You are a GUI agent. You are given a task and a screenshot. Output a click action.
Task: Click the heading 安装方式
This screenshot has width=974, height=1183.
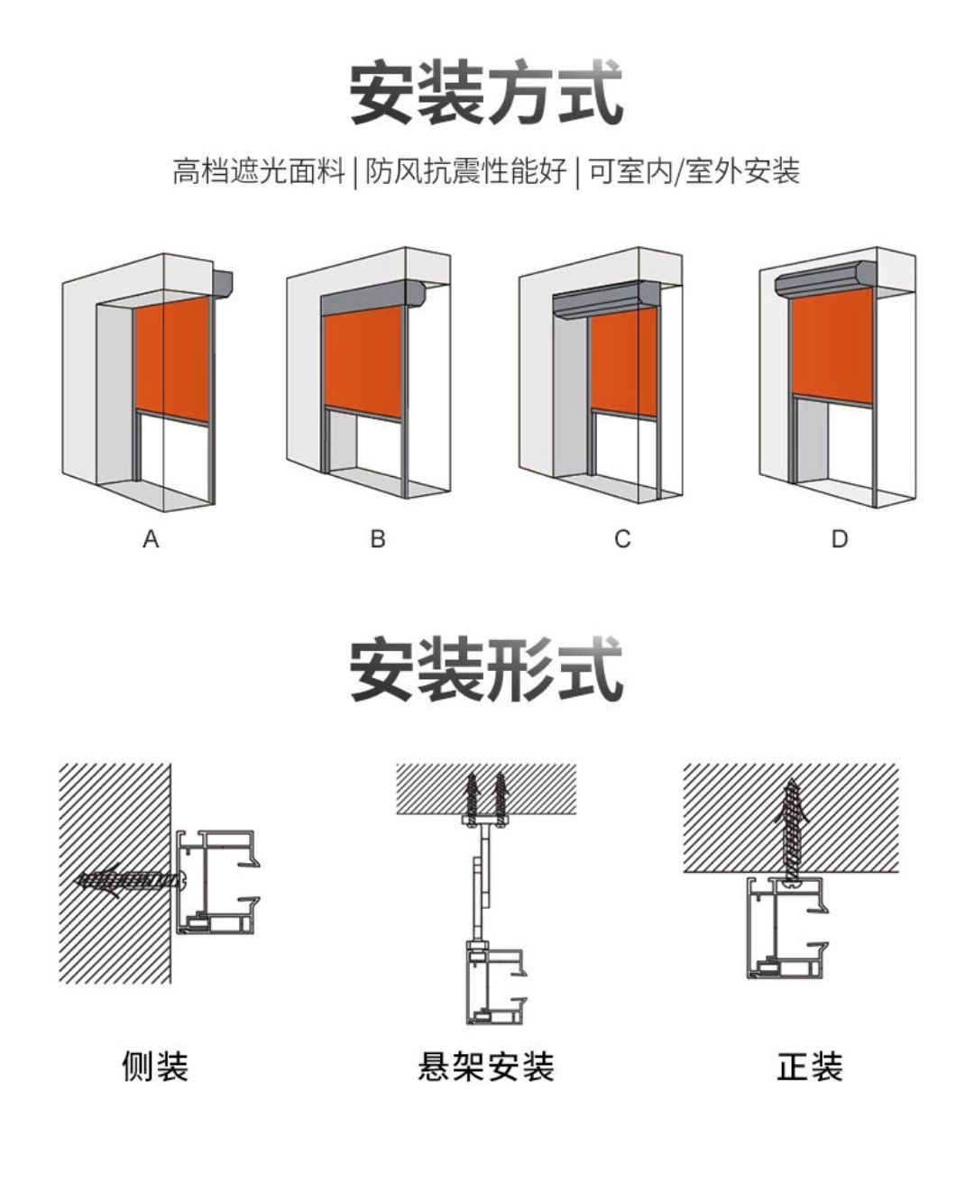486,93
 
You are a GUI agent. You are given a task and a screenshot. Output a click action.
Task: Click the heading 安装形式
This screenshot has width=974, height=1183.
486,670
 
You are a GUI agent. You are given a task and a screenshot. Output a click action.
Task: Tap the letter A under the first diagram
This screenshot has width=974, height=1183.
151,539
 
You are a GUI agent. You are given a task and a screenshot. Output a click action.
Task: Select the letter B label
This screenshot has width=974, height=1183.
378,539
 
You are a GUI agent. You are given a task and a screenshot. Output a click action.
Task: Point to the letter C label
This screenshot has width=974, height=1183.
622,539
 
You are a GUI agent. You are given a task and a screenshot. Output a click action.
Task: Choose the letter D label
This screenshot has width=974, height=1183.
840,539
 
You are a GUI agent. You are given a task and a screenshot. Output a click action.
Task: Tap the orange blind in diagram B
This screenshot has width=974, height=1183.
363,361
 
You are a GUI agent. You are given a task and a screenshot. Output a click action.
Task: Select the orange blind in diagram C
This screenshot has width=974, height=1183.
624,361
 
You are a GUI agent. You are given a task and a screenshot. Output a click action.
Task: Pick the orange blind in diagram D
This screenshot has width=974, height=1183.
832,344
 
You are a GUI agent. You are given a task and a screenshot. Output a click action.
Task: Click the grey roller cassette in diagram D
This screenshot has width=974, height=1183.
825,281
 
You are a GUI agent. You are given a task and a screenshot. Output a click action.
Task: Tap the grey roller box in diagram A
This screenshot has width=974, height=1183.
223,283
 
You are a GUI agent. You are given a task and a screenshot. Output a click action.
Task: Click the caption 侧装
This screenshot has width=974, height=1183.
155,1066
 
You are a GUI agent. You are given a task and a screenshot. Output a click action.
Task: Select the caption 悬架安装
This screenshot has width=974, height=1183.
486,1066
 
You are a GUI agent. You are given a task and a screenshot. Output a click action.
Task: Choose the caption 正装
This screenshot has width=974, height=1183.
809,1066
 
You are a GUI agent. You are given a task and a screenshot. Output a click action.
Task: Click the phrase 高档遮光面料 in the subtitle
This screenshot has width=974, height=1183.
259,170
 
